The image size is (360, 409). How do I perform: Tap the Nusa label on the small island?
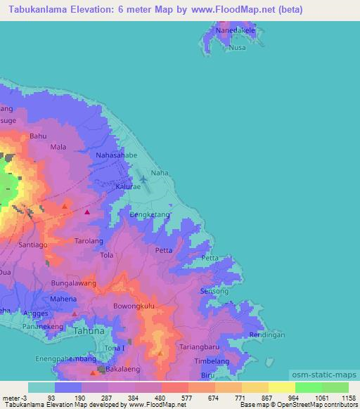point(238,48)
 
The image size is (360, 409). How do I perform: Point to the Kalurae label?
point(128,188)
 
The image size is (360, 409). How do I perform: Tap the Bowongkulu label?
point(134,307)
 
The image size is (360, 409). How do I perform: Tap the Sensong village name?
point(214,291)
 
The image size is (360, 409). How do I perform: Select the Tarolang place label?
point(89,241)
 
